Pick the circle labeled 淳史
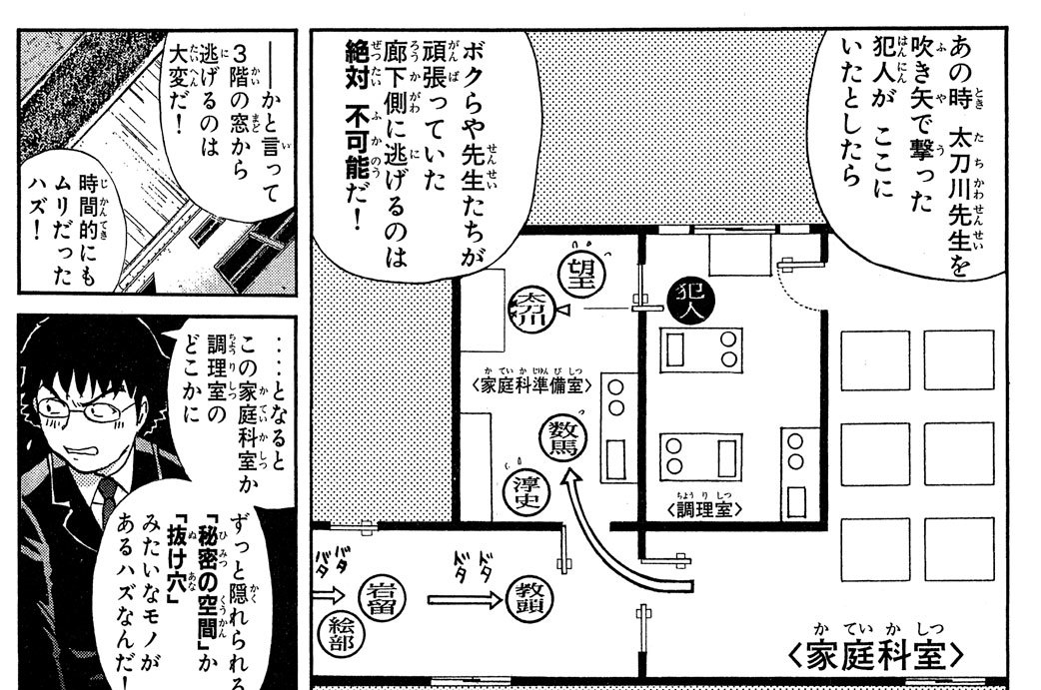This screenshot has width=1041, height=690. pos(525,492)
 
